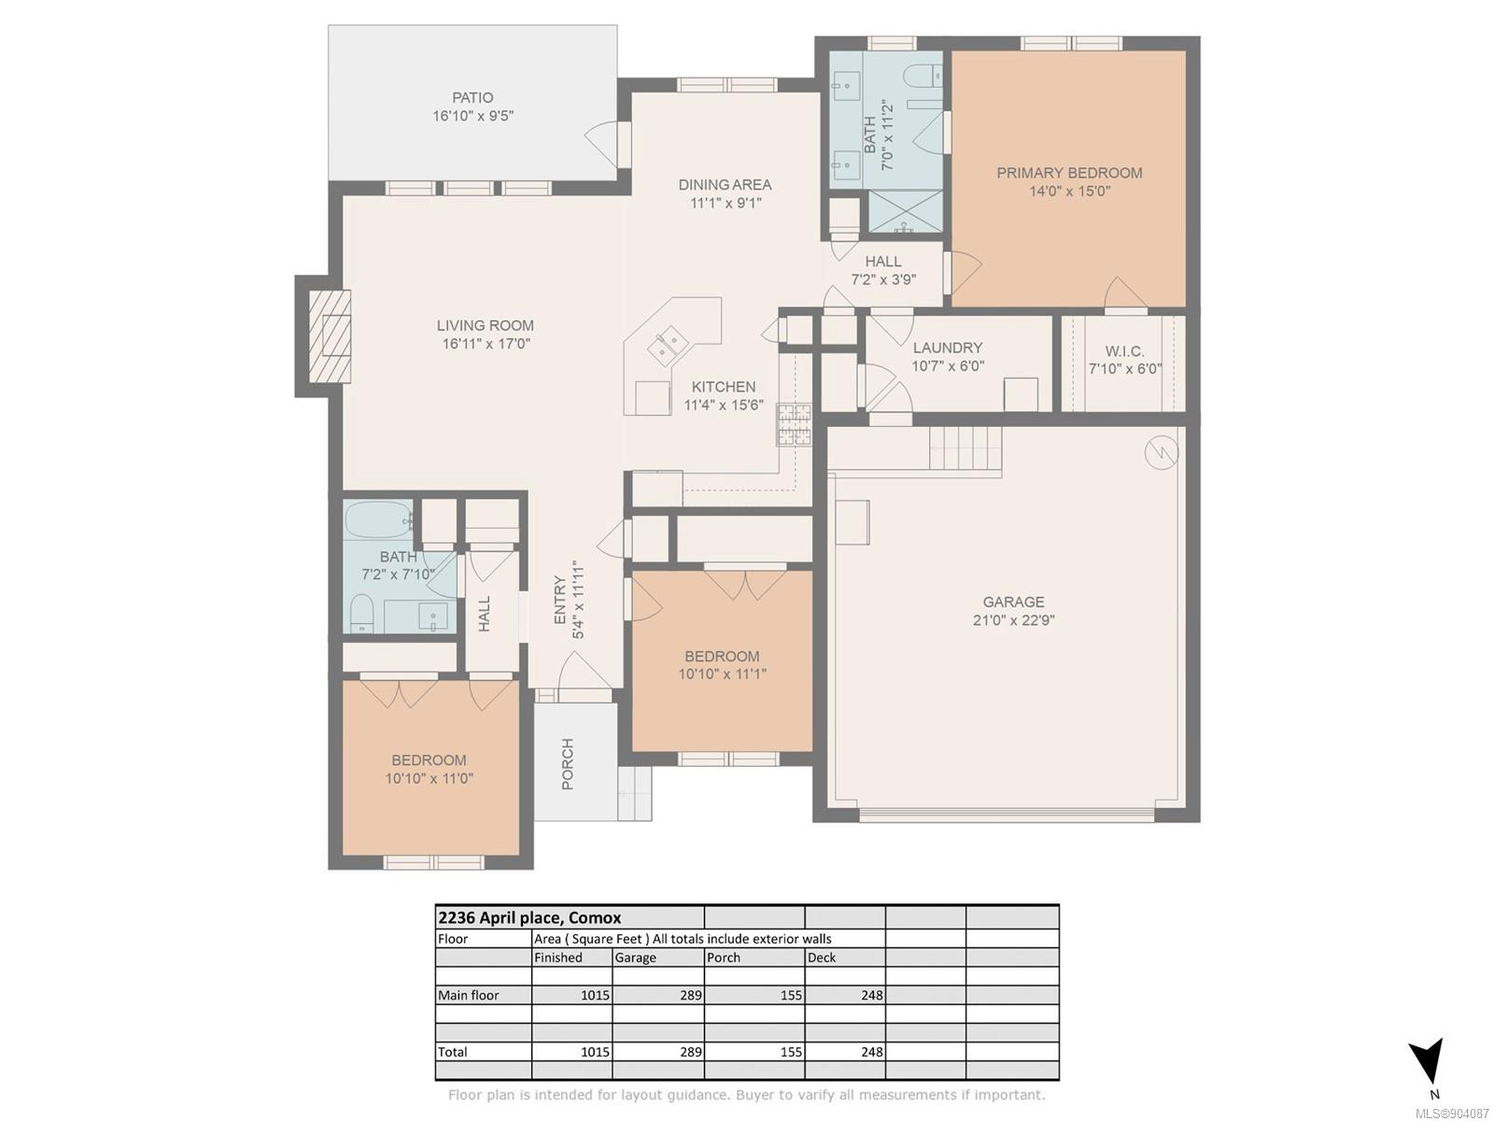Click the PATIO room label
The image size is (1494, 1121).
point(472,98)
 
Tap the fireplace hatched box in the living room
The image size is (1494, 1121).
point(331,336)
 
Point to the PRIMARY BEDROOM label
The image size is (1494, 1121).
point(1068,173)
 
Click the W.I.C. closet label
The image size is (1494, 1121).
point(1124,351)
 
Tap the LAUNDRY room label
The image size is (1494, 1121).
point(948,348)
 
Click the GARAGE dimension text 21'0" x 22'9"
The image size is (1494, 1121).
point(1013,620)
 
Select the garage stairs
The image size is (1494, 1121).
point(965,448)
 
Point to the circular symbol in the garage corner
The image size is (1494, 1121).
point(1162,453)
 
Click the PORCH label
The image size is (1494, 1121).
point(568,763)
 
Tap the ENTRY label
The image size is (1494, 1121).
point(560,600)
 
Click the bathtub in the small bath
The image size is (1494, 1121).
point(378,520)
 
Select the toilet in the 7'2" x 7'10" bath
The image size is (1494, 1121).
point(361,613)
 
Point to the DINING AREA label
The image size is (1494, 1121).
point(725,184)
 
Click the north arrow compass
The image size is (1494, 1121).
point(1425,1070)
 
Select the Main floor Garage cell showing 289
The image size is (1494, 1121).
point(691,995)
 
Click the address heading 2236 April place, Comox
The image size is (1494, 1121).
point(529,917)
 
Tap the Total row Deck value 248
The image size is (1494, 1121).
point(871,1052)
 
